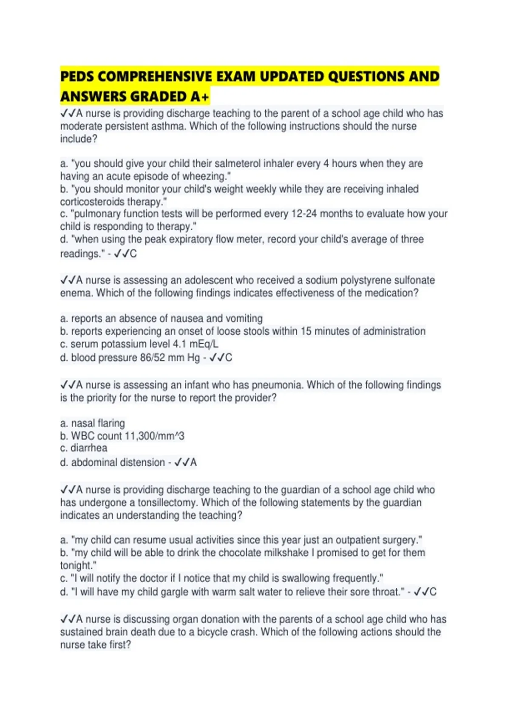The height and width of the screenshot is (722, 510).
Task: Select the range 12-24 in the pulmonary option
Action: (304, 214)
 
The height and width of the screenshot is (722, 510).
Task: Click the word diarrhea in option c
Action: (89, 448)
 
